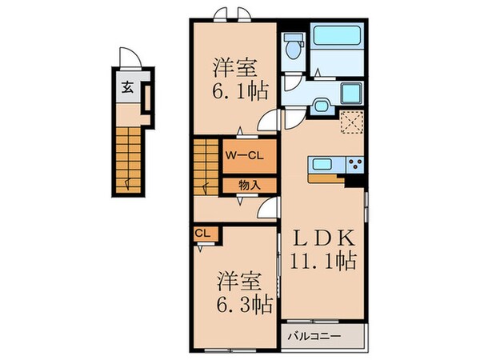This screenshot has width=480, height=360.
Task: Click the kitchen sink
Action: click(324, 165)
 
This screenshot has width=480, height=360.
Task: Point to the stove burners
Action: click(355, 165)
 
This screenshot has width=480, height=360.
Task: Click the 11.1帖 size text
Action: click(323, 262)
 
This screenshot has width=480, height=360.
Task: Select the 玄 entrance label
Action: click(129, 89)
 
